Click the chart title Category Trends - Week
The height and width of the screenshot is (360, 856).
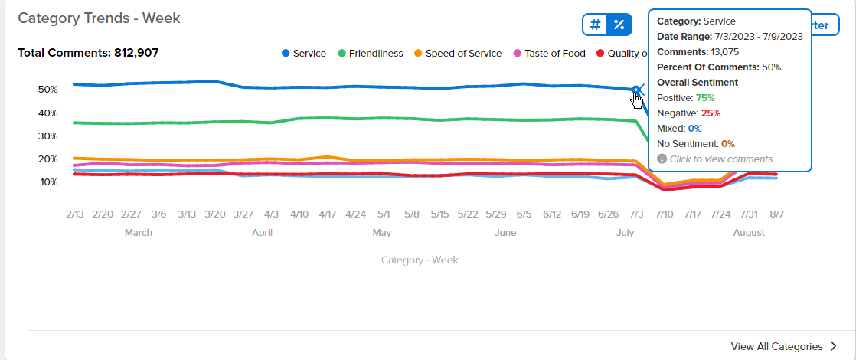99,18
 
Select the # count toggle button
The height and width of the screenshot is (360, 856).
596,25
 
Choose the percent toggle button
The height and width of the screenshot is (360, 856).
619,25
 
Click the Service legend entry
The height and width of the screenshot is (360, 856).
304,54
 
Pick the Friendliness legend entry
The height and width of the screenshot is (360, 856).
371,54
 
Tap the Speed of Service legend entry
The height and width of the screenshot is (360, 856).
458,54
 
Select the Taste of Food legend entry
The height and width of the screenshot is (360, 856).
550,54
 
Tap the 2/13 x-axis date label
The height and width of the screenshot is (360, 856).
75,214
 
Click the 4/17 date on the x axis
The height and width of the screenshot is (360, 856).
328,214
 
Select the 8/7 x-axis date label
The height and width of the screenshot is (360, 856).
776,214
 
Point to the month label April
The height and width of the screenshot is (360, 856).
262,233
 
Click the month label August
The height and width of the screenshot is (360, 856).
749,233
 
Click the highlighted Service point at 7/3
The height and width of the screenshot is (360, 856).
636,90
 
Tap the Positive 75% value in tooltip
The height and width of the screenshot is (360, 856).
705,98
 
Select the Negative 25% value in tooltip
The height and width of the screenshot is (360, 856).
710,113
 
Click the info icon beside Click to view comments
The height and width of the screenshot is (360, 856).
662,159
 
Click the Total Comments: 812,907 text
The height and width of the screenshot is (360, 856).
89,53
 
